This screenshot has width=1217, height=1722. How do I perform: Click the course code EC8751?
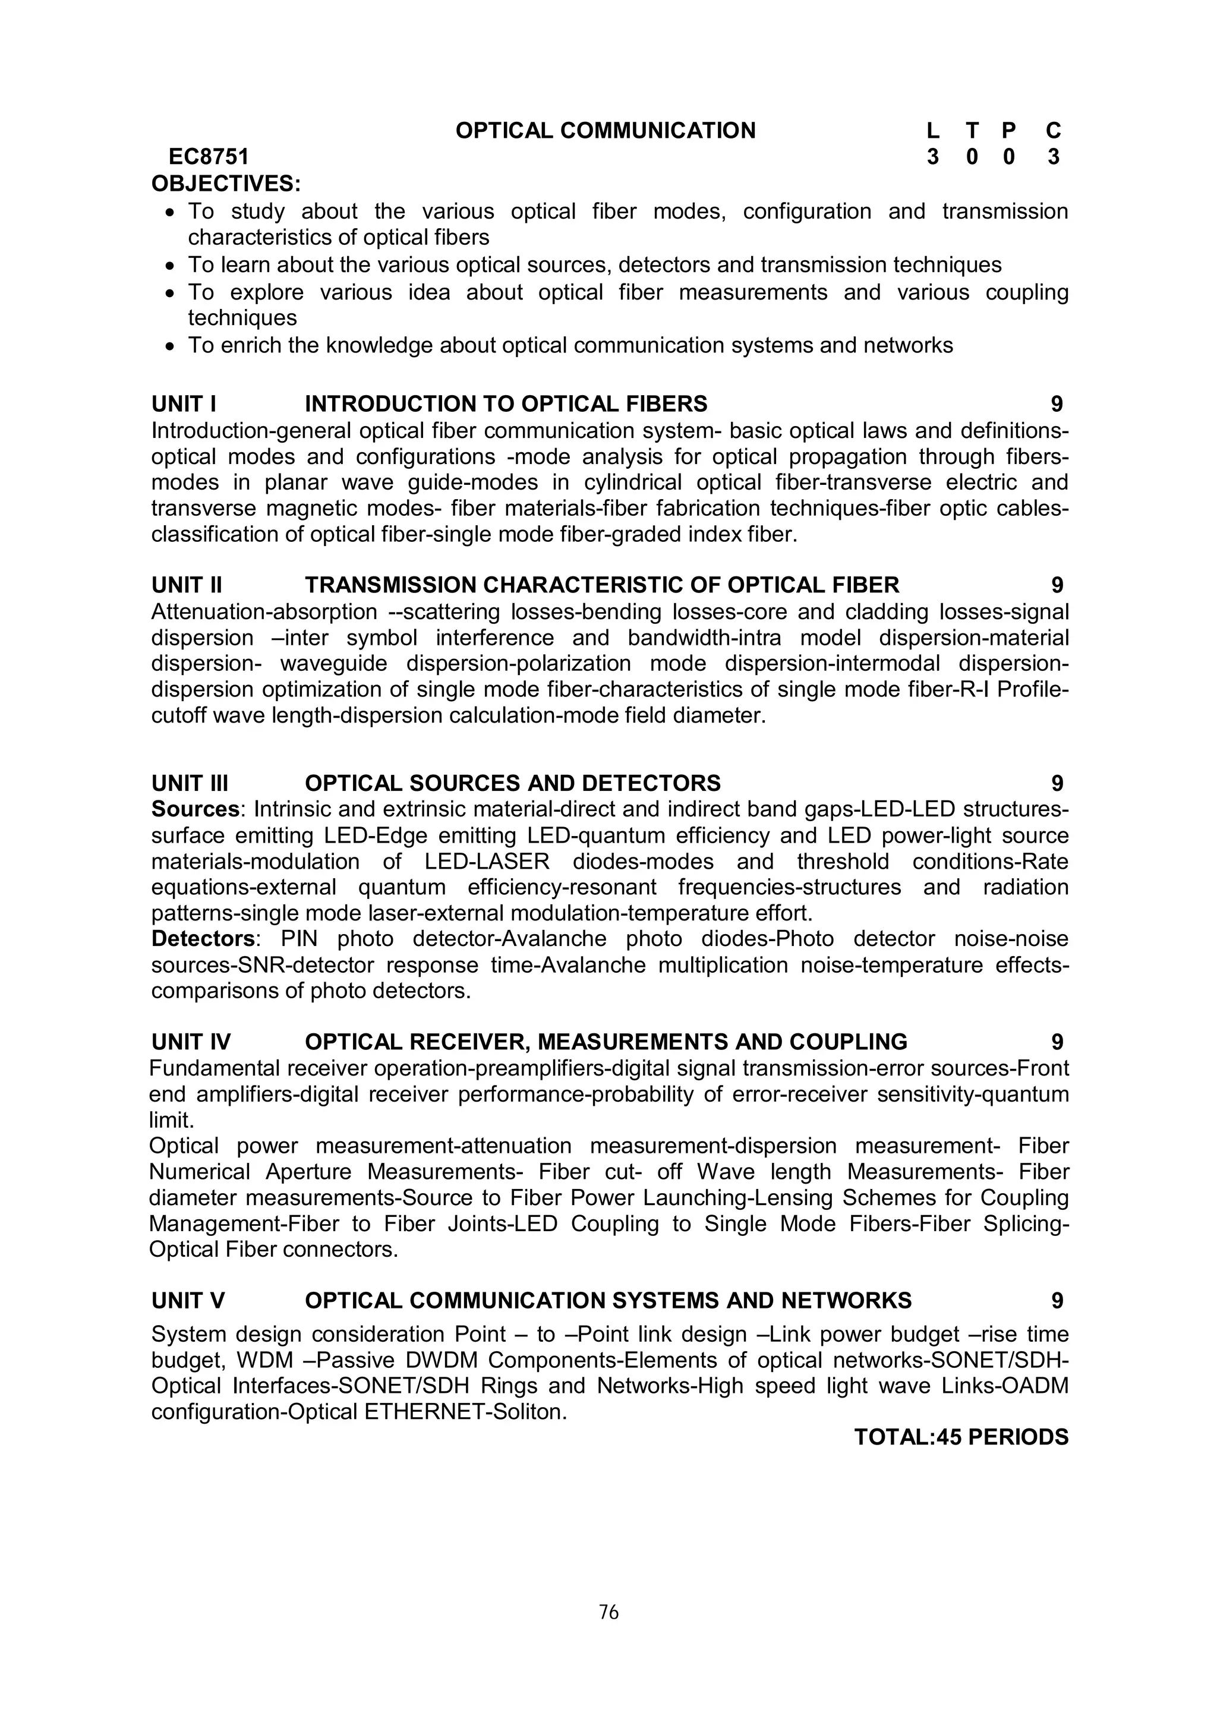pyautogui.click(x=209, y=157)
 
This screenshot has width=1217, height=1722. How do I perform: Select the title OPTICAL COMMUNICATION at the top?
pyautogui.click(x=605, y=131)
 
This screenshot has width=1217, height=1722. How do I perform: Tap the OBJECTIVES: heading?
pyautogui.click(x=226, y=183)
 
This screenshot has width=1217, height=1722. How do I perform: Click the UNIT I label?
pyautogui.click(x=184, y=404)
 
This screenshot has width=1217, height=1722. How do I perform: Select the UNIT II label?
pyautogui.click(x=187, y=585)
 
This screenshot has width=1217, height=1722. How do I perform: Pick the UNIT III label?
pyautogui.click(x=190, y=783)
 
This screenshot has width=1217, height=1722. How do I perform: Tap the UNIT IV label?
pyautogui.click(x=191, y=1042)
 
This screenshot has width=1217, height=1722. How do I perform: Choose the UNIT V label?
pyautogui.click(x=188, y=1301)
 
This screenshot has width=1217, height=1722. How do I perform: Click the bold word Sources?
pyautogui.click(x=195, y=809)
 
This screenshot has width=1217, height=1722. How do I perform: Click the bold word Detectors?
pyautogui.click(x=203, y=939)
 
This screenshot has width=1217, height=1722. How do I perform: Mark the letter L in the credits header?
pyautogui.click(x=932, y=131)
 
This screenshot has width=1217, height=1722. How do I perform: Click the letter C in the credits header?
pyautogui.click(x=1053, y=131)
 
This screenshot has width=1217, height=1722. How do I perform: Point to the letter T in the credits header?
pyautogui.click(x=972, y=131)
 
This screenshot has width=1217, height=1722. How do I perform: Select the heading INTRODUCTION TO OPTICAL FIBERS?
pyautogui.click(x=505, y=404)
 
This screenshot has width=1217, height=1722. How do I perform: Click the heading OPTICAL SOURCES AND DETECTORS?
pyautogui.click(x=512, y=783)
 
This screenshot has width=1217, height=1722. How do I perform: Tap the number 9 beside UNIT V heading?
pyautogui.click(x=1057, y=1301)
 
